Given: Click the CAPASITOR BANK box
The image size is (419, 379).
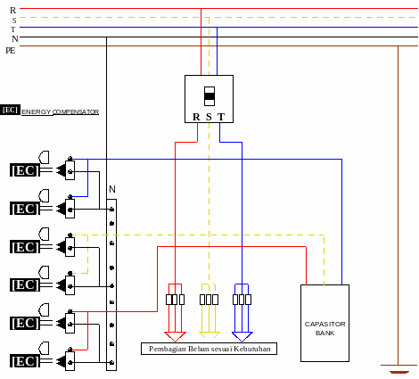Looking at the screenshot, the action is (x=325, y=323).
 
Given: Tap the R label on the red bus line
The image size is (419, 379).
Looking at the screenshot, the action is (x=12, y=11).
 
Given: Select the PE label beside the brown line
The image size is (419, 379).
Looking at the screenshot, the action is (x=11, y=51).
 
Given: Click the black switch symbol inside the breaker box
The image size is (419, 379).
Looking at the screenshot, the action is (x=209, y=96).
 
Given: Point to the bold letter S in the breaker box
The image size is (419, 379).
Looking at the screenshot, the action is (x=209, y=117).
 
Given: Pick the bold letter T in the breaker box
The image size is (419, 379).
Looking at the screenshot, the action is (x=221, y=117).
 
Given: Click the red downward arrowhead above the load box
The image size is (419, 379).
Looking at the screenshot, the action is (x=175, y=336).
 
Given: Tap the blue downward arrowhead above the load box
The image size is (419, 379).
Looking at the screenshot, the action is (x=242, y=336).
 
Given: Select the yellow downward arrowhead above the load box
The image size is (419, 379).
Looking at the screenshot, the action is (x=209, y=335).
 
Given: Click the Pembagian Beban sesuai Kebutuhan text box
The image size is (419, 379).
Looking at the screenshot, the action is (x=209, y=349).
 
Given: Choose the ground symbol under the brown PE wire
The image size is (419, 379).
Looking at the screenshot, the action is (x=399, y=369).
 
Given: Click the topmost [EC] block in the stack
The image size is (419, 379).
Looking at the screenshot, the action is (x=25, y=170).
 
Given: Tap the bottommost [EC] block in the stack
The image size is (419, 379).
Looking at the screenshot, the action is (x=25, y=361).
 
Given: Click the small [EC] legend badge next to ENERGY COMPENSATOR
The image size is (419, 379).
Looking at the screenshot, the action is (x=10, y=110).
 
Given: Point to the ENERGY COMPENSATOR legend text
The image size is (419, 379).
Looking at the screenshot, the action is (x=60, y=112).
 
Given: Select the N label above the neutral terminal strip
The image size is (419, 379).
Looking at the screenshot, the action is (x=112, y=189).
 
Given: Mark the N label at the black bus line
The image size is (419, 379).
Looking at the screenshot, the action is (x=15, y=39).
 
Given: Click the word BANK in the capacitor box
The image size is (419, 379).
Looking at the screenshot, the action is (x=325, y=334).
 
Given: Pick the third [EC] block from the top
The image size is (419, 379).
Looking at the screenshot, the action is (x=25, y=247).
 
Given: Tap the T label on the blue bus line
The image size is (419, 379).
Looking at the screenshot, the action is (x=13, y=29).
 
